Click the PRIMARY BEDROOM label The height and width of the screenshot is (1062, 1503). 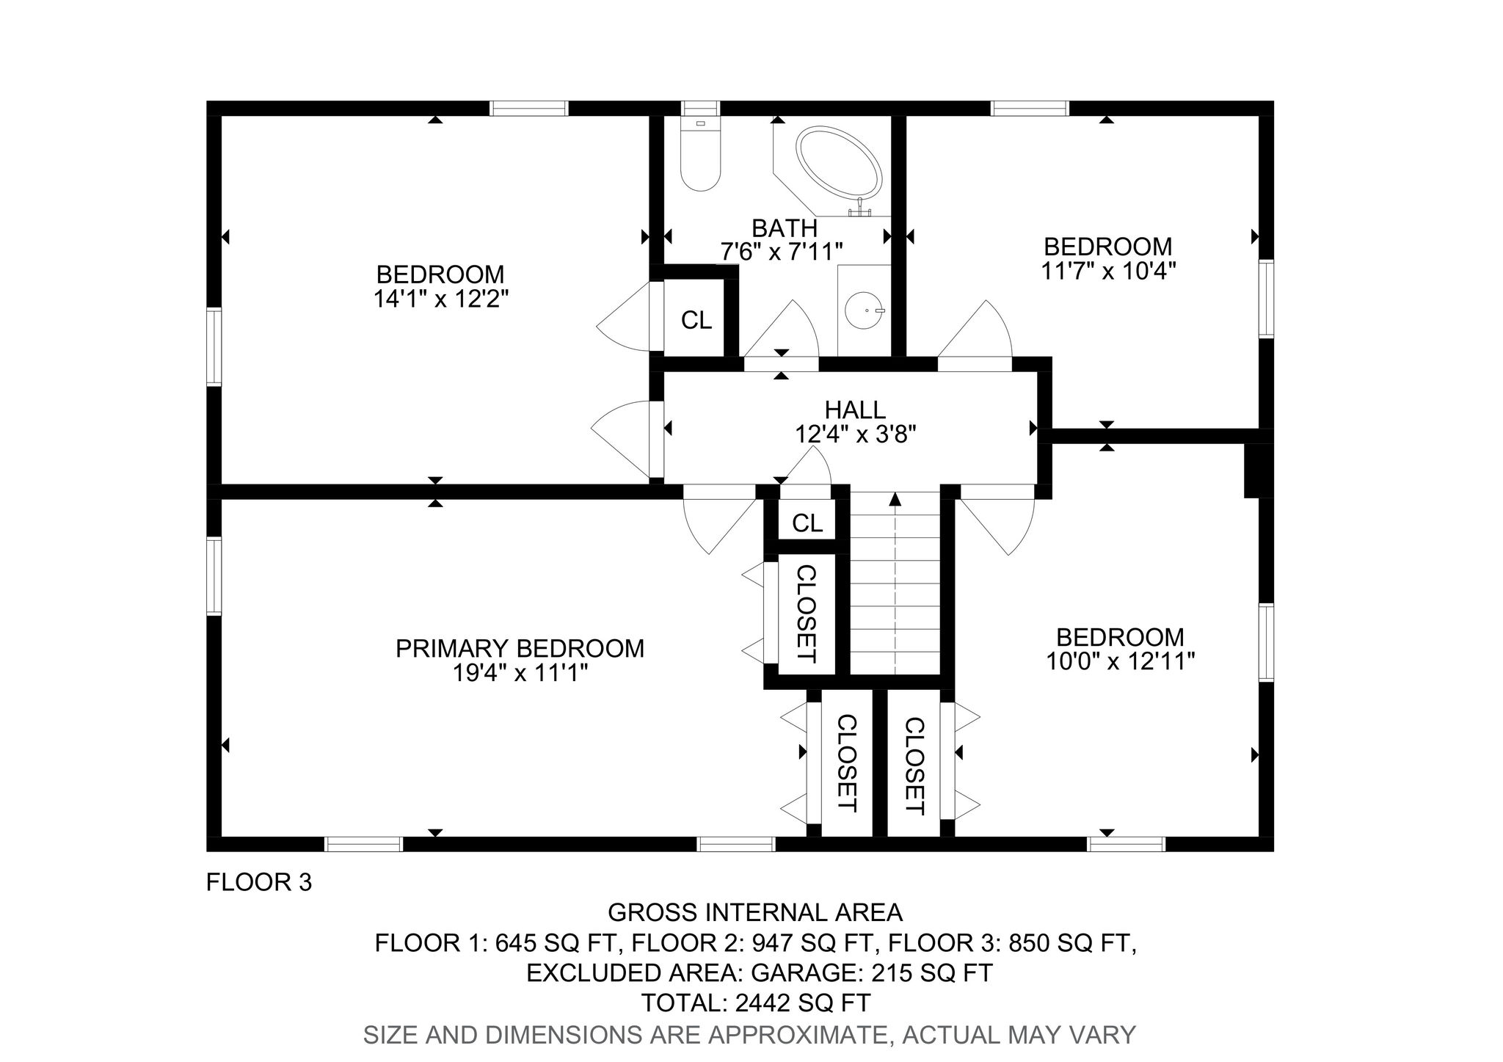tap(520, 649)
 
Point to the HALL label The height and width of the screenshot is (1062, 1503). tap(855, 410)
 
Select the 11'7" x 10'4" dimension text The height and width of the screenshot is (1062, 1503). tap(1108, 271)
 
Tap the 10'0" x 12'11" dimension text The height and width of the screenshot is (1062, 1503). tap(1120, 662)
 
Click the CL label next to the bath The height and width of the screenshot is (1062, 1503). tap(696, 320)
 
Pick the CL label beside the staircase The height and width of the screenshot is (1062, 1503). tap(807, 523)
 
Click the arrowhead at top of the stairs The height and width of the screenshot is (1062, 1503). tap(895, 499)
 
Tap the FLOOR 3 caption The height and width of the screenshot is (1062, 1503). tap(259, 882)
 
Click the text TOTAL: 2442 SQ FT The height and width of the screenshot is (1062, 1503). tap(756, 1002)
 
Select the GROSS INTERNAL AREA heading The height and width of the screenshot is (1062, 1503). tap(755, 912)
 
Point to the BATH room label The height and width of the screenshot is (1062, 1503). tap(784, 228)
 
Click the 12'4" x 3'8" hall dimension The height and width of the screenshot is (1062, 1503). tap(856, 434)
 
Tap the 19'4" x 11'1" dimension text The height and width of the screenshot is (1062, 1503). tap(520, 673)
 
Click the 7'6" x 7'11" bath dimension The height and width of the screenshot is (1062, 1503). tap(781, 252)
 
